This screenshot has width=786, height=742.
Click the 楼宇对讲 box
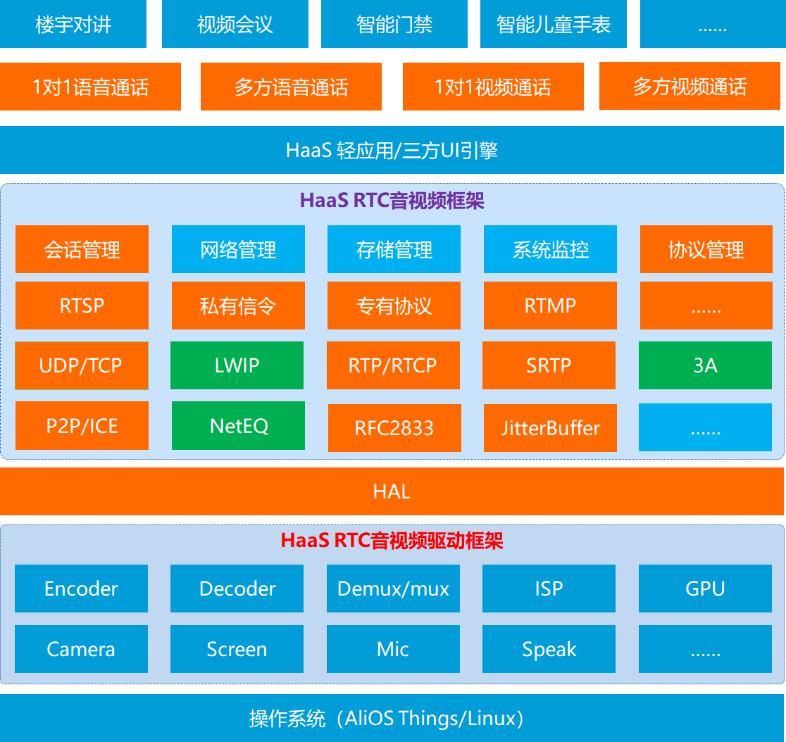[x=73, y=25]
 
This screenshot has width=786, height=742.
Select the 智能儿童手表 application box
[x=554, y=25]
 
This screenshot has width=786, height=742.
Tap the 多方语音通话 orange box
[x=291, y=87]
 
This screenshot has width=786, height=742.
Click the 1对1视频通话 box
[x=493, y=87]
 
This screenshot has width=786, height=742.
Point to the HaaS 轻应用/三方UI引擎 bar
[x=392, y=150]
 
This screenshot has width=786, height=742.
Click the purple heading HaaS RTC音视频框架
[x=392, y=201]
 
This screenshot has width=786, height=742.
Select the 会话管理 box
[x=82, y=249]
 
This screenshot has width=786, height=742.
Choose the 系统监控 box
[x=550, y=249]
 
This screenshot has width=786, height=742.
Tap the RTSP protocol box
[x=82, y=306]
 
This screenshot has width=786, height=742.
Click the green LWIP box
[x=237, y=365]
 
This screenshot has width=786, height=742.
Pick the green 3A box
[x=705, y=365]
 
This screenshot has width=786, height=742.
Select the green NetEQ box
[x=238, y=426]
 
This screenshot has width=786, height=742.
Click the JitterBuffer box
[x=550, y=428]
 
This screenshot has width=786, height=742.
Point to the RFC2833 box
[x=394, y=428]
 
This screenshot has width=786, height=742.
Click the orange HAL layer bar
[x=392, y=491]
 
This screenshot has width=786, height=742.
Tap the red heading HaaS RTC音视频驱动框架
[x=392, y=541]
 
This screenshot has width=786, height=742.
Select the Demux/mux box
[x=393, y=589]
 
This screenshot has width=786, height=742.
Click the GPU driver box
[x=705, y=589]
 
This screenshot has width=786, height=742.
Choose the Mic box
[x=393, y=649]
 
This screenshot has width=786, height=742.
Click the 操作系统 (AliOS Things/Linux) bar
[x=392, y=718]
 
